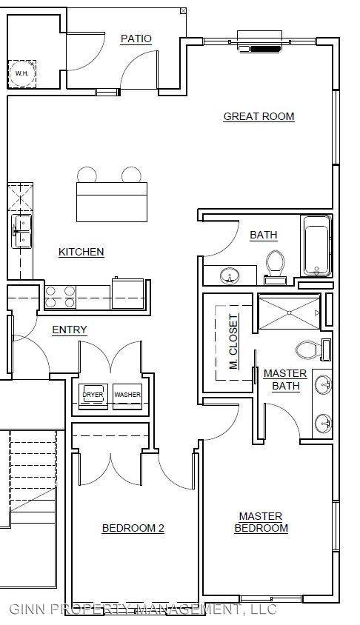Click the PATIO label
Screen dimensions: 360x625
[136, 39]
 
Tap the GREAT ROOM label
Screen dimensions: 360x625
[259, 116]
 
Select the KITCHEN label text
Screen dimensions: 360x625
[81, 252]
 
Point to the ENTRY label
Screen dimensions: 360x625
[70, 330]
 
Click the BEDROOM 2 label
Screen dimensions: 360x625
[133, 528]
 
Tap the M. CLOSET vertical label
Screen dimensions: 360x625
[233, 341]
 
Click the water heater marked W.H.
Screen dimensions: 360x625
[22, 74]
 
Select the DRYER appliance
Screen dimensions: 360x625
[93, 396]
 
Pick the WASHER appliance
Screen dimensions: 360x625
[127, 396]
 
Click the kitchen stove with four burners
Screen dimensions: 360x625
[60, 297]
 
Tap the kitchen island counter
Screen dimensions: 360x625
[112, 201]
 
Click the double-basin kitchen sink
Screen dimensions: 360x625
[21, 231]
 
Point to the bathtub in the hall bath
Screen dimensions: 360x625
[316, 246]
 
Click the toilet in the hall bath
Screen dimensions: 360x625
[275, 267]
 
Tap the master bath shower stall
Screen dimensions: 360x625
[290, 312]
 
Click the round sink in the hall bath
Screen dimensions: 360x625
[230, 275]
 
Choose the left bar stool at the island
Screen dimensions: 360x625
[87, 175]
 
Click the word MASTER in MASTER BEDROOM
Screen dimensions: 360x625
[261, 516]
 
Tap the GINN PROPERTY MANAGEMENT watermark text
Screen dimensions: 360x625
[142, 609]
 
